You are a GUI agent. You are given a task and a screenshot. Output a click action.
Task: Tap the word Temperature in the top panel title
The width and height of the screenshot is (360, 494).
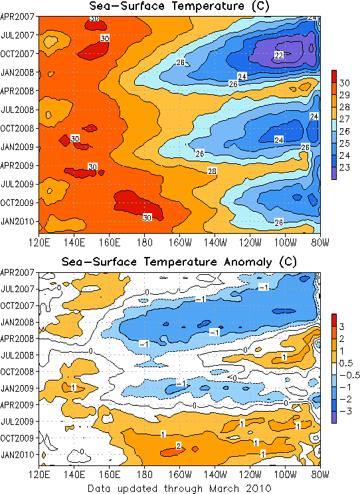point(208,6)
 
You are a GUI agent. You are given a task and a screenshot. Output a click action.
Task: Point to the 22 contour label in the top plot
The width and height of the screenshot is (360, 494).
point(279,56)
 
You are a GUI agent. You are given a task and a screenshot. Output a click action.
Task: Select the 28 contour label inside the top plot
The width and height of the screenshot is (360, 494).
point(212,171)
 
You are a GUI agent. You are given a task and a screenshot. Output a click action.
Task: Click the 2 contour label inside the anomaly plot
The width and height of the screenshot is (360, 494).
point(179,446)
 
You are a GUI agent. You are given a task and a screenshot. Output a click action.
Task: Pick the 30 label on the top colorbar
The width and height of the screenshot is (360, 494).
point(345,83)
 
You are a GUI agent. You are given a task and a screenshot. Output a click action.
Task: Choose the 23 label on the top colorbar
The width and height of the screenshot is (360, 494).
point(345,167)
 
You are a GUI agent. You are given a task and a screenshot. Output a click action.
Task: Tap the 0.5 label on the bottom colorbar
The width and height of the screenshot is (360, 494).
point(346,363)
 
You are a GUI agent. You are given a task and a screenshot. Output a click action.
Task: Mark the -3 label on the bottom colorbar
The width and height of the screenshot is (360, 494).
point(345,411)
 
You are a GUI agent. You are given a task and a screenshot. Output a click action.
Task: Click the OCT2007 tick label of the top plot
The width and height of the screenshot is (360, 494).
point(17,54)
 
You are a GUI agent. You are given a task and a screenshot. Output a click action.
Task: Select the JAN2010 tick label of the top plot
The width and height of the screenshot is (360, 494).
point(18,222)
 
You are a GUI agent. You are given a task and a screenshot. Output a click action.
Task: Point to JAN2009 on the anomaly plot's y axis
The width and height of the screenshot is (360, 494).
point(18,388)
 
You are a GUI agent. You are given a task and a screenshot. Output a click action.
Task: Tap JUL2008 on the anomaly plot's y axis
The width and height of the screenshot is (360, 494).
point(18,355)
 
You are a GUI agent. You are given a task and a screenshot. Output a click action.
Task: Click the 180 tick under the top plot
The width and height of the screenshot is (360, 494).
point(145,243)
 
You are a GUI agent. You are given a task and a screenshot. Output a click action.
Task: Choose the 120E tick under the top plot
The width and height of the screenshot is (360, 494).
point(39,243)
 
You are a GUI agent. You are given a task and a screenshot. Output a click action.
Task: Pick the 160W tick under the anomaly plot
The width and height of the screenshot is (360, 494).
point(179,475)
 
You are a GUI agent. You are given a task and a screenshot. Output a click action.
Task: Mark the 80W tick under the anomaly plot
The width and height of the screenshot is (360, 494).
point(320,475)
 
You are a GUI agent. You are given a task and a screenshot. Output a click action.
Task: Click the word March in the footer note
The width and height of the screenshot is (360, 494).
point(224,488)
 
